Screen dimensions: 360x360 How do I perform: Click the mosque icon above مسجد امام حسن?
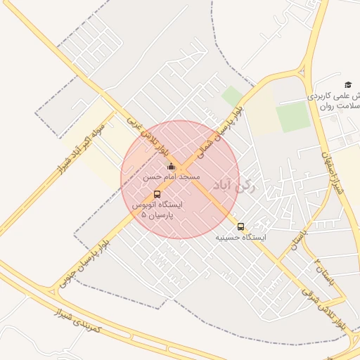[172, 167]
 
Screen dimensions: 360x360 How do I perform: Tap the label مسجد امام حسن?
[172, 177]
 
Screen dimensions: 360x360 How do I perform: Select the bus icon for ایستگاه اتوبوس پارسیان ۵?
[156, 194]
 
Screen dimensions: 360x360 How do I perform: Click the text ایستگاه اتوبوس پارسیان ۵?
[157, 209]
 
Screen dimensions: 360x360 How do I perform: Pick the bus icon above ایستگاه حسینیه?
[241, 226]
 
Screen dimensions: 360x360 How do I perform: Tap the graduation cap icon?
[347, 84]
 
